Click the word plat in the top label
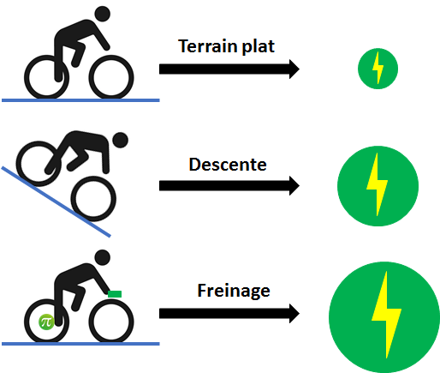259,46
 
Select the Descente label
228,165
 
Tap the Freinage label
234,291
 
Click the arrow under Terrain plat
229,69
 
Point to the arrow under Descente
229,186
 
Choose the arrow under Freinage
229,314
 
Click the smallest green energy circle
378,69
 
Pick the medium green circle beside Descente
378,186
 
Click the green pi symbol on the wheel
46,322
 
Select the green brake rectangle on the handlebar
115,294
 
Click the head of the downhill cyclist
120,140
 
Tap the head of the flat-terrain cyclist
103,14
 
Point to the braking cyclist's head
103,257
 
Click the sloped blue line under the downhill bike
56,202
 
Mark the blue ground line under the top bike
80,100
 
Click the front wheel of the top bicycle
111,77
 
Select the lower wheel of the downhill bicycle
93,199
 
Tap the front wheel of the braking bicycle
111,322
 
